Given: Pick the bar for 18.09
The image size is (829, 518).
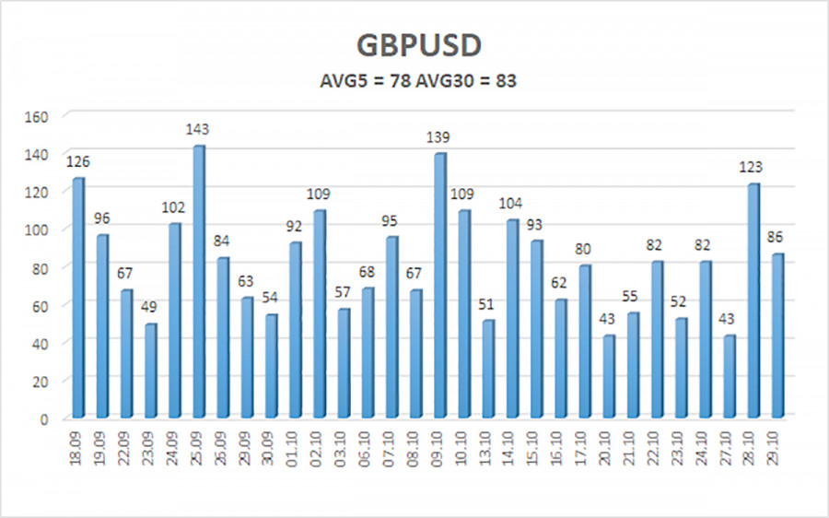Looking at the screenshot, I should pyautogui.click(x=78, y=296).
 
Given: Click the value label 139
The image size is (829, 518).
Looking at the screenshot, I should pyautogui.click(x=439, y=137).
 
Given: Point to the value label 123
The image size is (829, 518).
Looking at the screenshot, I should pyautogui.click(x=753, y=168).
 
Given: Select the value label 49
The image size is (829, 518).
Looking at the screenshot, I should pyautogui.click(x=150, y=307).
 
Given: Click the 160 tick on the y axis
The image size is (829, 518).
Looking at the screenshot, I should pyautogui.click(x=37, y=116).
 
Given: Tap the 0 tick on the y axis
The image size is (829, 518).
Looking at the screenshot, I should pyautogui.click(x=43, y=418).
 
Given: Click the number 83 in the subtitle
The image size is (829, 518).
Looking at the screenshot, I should pyautogui.click(x=506, y=80).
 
